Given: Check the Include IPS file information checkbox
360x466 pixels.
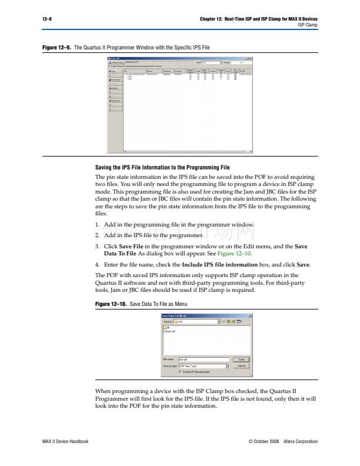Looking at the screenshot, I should coord(180,372).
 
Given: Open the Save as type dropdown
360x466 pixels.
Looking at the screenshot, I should coord(226,365).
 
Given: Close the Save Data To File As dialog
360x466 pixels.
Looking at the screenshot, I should coord(250,316).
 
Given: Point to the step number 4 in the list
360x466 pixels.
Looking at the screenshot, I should coord(97,265).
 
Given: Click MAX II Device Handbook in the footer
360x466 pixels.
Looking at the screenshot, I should coord(65,441).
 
